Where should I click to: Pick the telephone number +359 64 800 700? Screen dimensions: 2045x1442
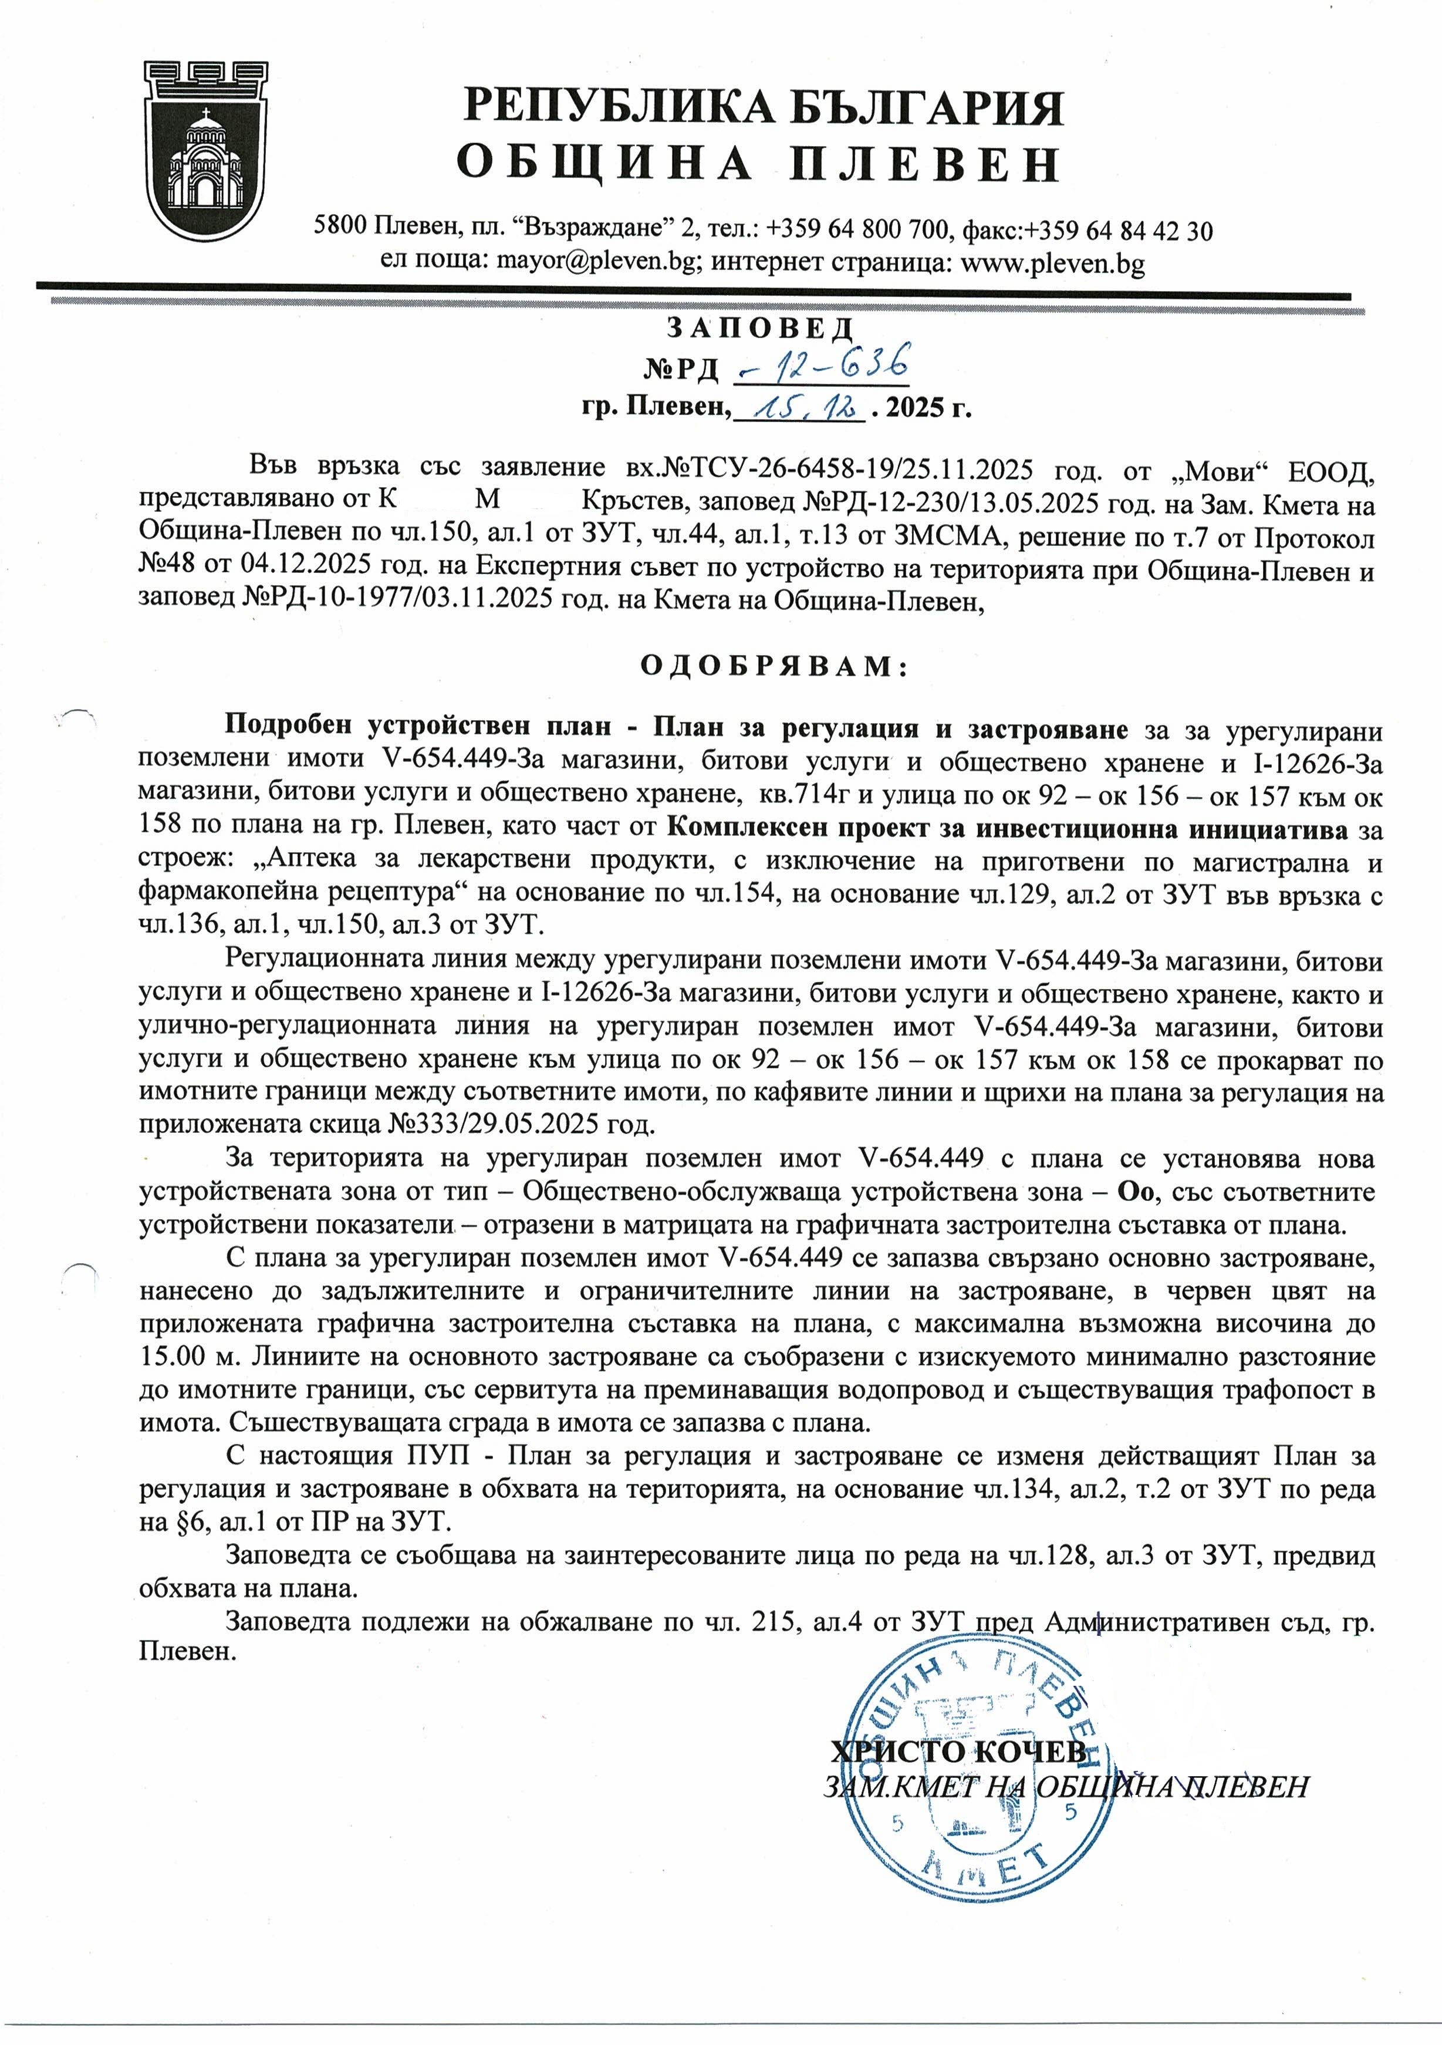coord(856,230)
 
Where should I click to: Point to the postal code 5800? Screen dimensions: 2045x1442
coord(341,229)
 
